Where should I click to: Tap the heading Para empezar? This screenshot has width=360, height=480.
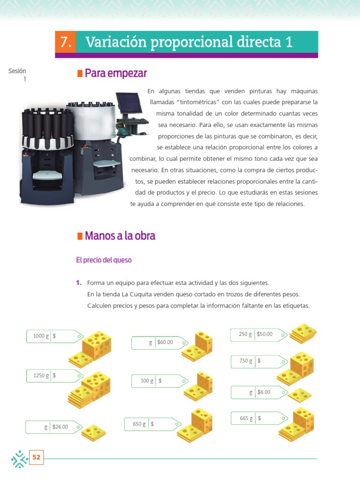115,74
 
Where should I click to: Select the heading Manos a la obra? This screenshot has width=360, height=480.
120,236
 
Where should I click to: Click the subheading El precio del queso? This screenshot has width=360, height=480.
104,260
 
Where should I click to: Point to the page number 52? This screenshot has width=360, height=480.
36,457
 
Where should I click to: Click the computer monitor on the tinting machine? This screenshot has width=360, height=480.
128,105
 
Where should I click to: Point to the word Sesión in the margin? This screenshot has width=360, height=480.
17,71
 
